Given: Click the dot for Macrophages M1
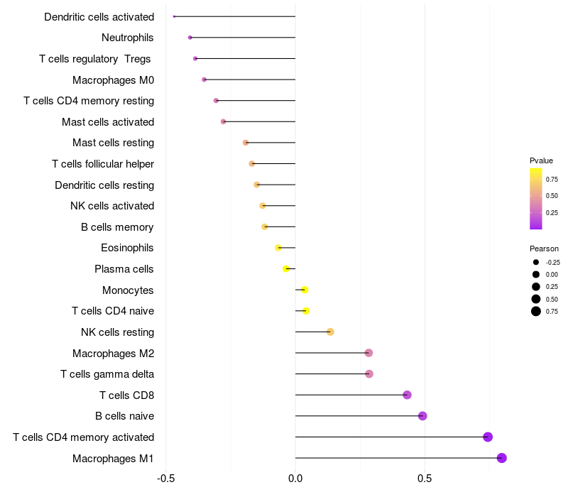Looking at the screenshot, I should pos(502,458).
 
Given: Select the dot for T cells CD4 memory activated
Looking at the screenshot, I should pos(488,437).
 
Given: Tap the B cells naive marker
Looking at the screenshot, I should pos(422,416).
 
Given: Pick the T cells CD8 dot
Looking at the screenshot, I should pos(407,395).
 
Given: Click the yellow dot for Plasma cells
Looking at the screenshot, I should pos(286,269).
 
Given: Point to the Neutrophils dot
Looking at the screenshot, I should pos(190,38).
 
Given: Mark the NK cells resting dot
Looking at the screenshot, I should pos(330,332).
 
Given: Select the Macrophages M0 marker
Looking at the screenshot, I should pos(204,80).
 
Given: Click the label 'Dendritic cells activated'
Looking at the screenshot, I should pos(99,16).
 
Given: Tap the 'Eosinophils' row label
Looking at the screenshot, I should pos(127,248).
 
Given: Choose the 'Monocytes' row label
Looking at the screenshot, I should pos(128,290).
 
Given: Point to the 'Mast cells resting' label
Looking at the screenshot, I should pos(113,143).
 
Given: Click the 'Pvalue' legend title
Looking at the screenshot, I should pos(541,160).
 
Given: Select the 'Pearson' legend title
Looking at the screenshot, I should pos(544,248).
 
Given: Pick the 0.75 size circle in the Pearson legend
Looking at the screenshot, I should pos(536,311).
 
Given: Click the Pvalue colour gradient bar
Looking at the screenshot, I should pos(536,199).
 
